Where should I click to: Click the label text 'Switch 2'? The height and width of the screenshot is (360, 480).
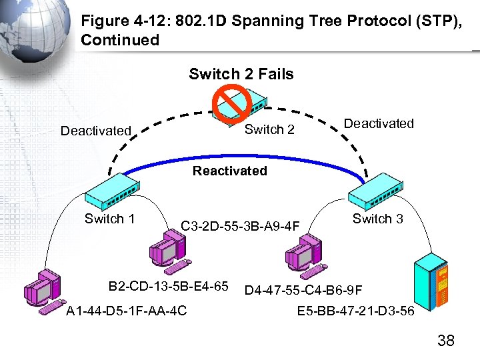tap(269, 129)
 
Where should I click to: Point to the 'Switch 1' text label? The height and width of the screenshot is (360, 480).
tap(110, 219)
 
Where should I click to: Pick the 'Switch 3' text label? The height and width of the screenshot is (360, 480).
tap(377, 219)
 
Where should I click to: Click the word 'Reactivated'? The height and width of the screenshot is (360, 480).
tap(230, 171)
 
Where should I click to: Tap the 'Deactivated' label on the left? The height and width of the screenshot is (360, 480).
tap(96, 131)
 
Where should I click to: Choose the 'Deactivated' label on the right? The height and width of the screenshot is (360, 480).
tap(379, 123)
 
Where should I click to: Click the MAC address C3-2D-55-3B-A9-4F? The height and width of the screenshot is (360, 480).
tap(241, 226)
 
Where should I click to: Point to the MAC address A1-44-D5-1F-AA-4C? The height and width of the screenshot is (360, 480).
tap(126, 311)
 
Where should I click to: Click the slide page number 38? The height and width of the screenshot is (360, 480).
tap(445, 341)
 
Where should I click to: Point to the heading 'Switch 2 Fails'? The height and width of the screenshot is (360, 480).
tap(241, 74)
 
